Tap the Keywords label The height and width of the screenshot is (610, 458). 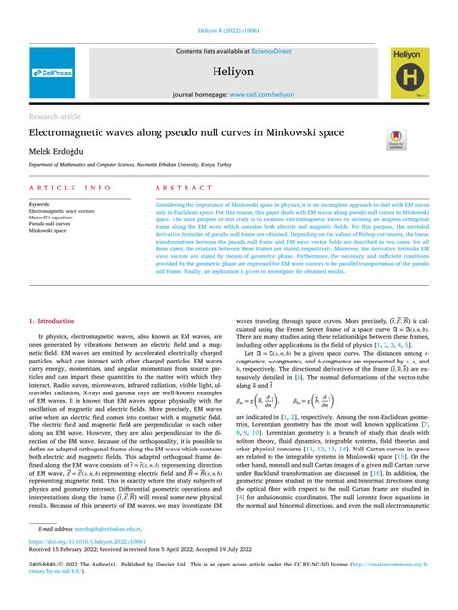pyautogui.click(x=40, y=205)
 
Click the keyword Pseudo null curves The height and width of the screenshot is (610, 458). pyautogui.click(x=51, y=224)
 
